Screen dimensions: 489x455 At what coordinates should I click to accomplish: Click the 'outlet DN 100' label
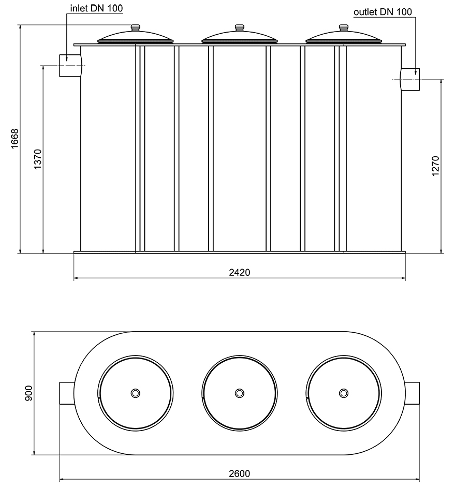click(x=383, y=12)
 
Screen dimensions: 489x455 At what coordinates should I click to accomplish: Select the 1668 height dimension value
click(x=14, y=139)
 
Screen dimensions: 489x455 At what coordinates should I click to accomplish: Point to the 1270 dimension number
click(x=435, y=166)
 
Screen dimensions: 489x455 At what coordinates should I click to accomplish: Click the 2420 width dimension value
click(x=239, y=273)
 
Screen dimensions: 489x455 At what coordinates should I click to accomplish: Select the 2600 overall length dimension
click(x=239, y=474)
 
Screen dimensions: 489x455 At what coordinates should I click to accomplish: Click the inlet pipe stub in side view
click(x=70, y=66)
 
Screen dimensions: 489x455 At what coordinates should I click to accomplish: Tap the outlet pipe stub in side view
click(x=410, y=79)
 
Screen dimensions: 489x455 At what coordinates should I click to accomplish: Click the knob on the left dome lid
click(x=136, y=28)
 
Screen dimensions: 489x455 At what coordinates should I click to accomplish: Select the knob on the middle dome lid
click(x=239, y=28)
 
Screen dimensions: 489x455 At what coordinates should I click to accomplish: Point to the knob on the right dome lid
click(x=343, y=28)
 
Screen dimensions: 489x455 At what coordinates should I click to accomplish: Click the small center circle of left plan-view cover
click(x=136, y=393)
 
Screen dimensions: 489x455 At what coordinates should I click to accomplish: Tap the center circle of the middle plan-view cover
click(x=239, y=393)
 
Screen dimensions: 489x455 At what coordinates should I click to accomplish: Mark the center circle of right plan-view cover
click(x=343, y=393)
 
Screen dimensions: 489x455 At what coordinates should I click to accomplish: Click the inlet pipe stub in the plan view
click(x=68, y=393)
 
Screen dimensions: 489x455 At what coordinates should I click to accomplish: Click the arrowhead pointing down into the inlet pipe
click(x=67, y=61)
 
